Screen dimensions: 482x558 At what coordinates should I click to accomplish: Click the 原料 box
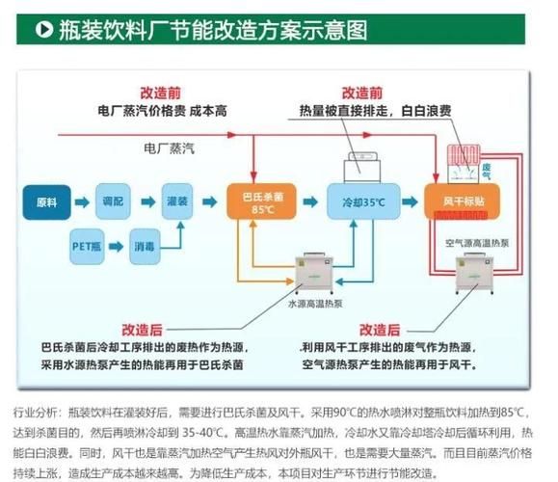coord(47,202)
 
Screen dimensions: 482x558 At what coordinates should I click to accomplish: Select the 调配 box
coord(113,202)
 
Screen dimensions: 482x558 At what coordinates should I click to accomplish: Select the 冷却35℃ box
coord(357,203)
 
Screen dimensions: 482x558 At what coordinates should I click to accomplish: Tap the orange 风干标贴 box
coord(457,202)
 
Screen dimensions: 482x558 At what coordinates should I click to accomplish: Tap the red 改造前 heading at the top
coord(159,92)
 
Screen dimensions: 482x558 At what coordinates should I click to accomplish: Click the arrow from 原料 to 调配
coord(80,202)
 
